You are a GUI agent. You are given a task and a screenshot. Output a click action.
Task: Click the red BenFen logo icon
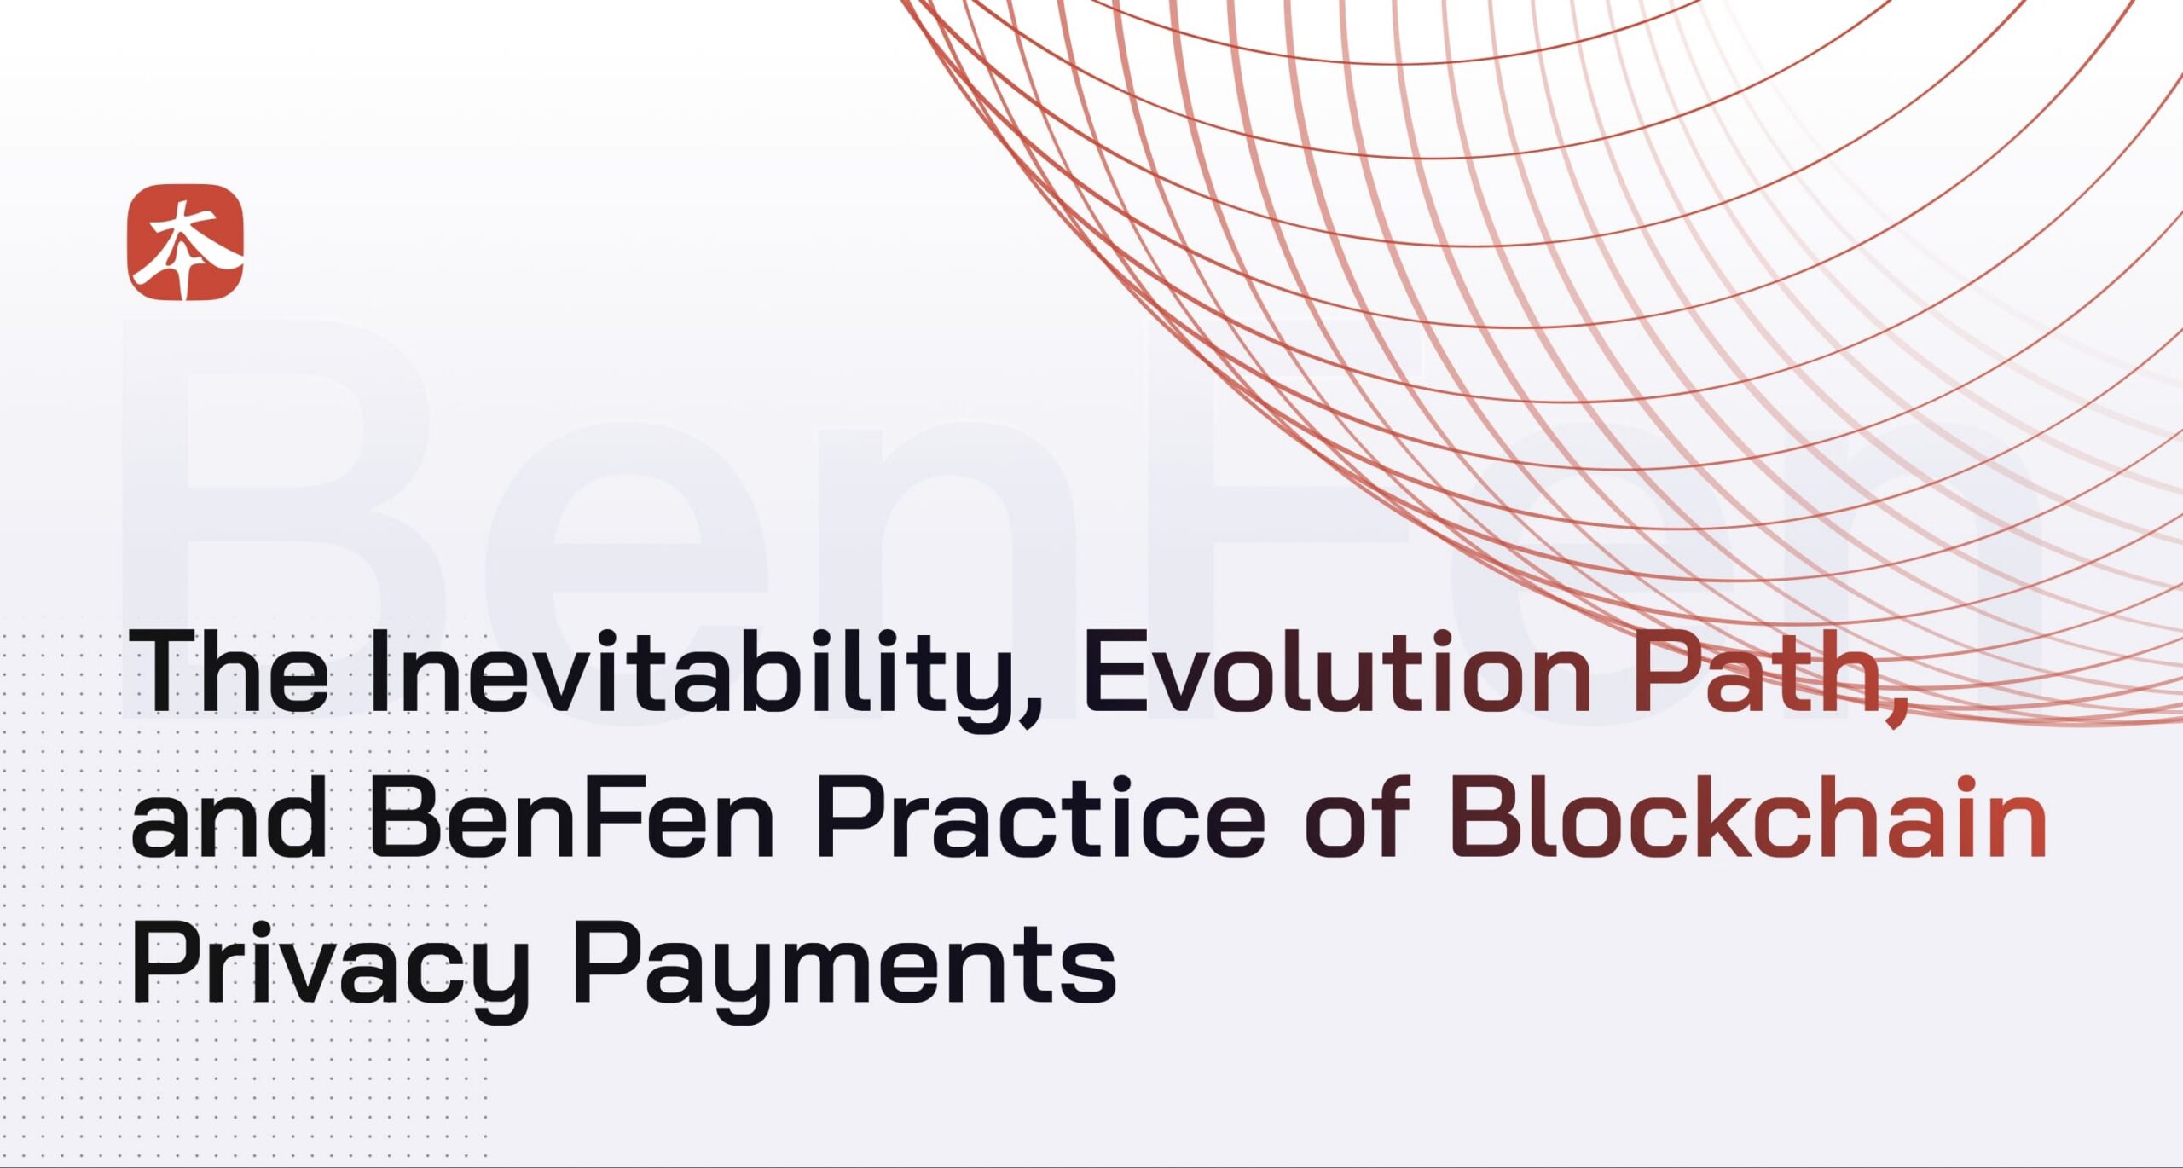click(x=185, y=242)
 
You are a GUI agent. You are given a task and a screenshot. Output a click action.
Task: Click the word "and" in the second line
click(x=229, y=818)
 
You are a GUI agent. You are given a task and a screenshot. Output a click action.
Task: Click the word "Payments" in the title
click(x=844, y=968)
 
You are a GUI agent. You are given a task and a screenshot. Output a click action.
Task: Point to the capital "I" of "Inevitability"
click(x=379, y=671)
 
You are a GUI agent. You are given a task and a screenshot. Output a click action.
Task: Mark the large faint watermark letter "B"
click(x=281, y=520)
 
